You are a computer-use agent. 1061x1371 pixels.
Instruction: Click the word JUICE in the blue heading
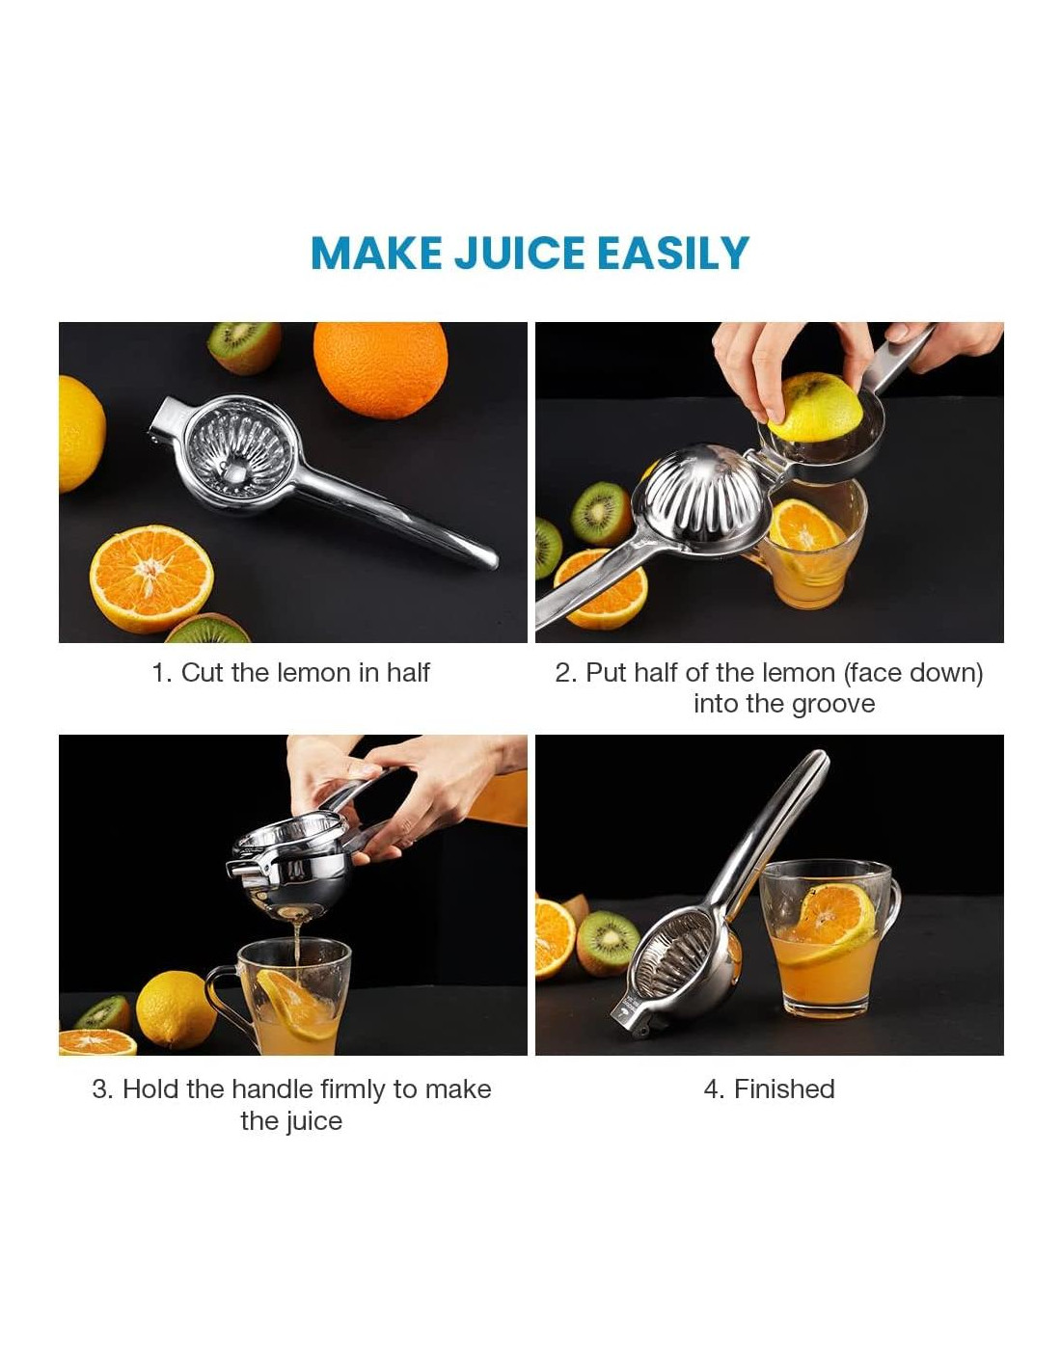(x=518, y=253)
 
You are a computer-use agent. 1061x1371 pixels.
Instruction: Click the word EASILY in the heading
(x=673, y=253)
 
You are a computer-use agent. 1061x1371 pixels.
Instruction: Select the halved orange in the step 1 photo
(x=151, y=578)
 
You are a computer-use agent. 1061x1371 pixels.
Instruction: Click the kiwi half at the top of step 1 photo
(x=244, y=346)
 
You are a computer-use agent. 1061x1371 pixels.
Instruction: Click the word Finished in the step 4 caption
(x=784, y=1089)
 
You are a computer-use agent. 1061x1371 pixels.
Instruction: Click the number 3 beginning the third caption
(x=99, y=1089)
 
